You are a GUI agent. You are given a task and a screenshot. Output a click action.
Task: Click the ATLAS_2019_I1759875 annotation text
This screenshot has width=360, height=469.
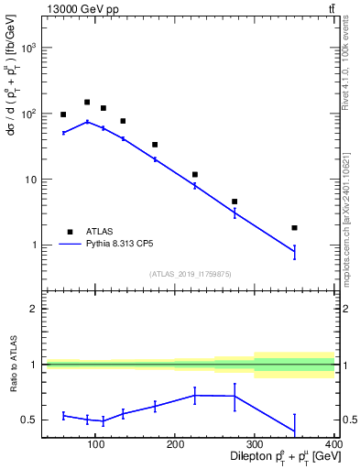(191, 274)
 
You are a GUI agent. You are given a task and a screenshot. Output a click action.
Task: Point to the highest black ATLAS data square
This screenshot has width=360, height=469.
(87, 103)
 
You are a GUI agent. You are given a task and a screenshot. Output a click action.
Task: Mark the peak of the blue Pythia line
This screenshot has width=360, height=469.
(87, 122)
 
